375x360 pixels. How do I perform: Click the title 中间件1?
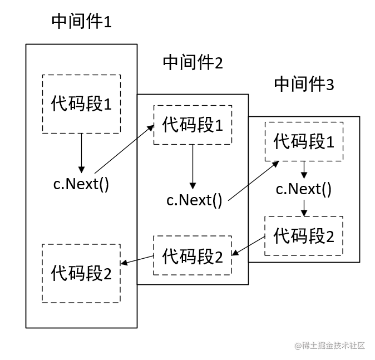tap(81, 22)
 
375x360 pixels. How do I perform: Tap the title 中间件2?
tap(193, 62)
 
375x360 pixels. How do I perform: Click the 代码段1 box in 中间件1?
tap(81, 103)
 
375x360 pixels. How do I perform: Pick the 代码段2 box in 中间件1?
tap(81, 273)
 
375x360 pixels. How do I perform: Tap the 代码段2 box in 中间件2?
tap(193, 255)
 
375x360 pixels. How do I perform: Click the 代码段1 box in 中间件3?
tap(304, 142)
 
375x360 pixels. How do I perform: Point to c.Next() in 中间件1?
tap(81, 184)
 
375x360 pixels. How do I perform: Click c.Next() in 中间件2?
tap(194, 199)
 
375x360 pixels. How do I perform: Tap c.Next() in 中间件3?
tap(304, 189)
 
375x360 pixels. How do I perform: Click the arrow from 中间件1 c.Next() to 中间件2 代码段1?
tap(125, 149)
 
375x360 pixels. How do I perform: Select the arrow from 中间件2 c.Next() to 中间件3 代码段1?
tap(253, 180)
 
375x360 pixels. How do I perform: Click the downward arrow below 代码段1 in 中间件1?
tap(81, 152)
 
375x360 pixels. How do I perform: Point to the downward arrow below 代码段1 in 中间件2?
tap(193, 166)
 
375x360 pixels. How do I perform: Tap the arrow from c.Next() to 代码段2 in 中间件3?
tap(304, 208)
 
